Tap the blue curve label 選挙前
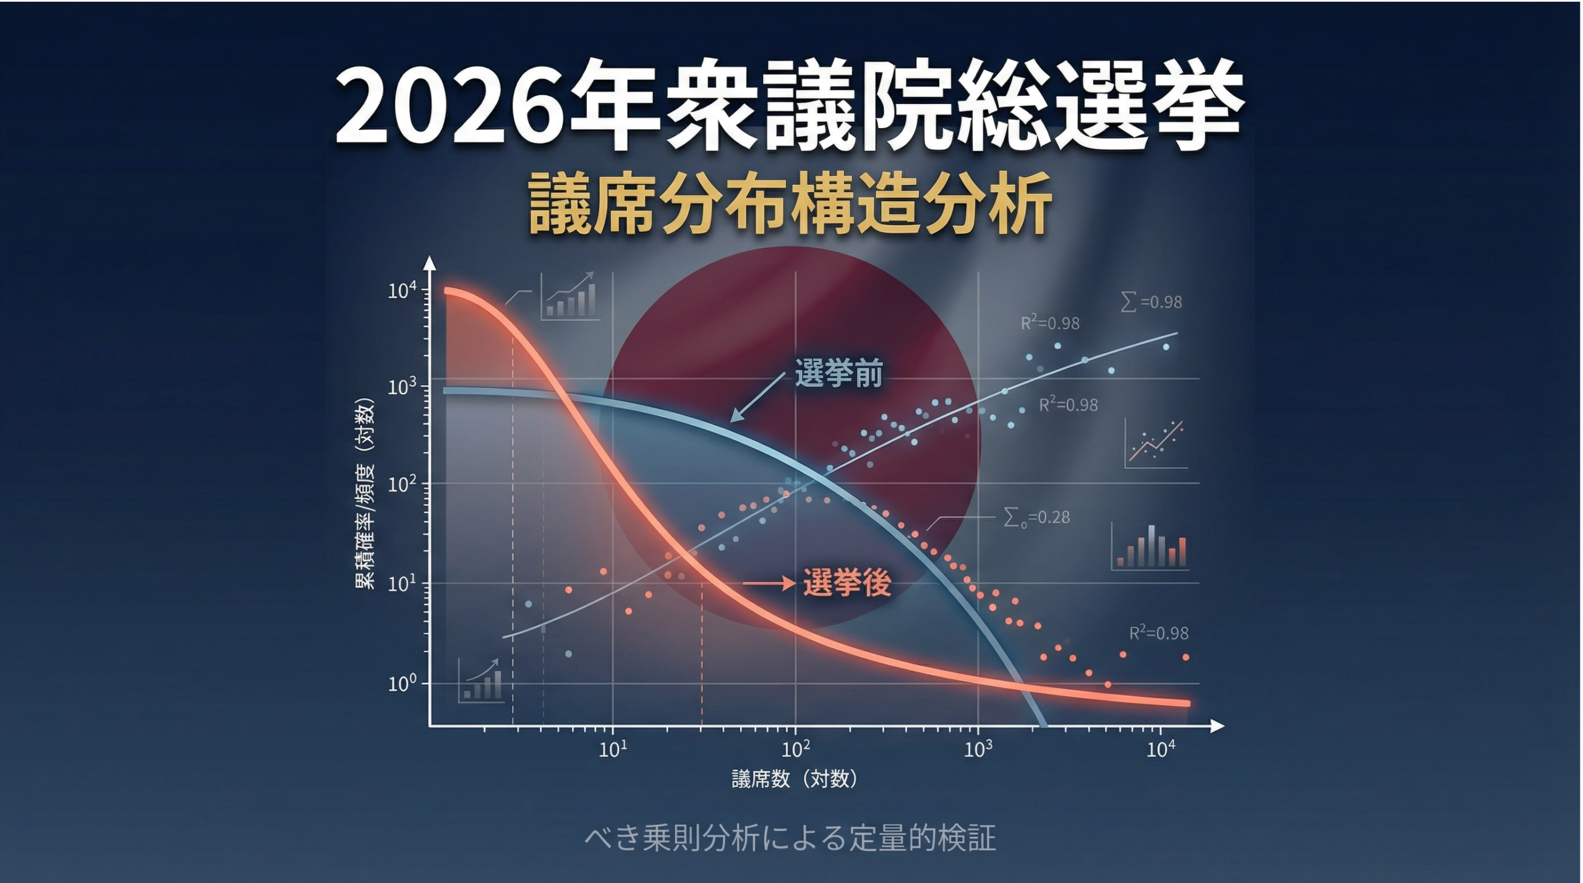click(838, 373)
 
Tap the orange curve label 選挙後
click(847, 582)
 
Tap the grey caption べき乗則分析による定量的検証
click(790, 838)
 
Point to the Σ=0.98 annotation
click(1151, 302)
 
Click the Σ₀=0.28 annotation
click(1036, 517)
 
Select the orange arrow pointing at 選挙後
click(769, 583)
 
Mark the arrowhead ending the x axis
click(1217, 726)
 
